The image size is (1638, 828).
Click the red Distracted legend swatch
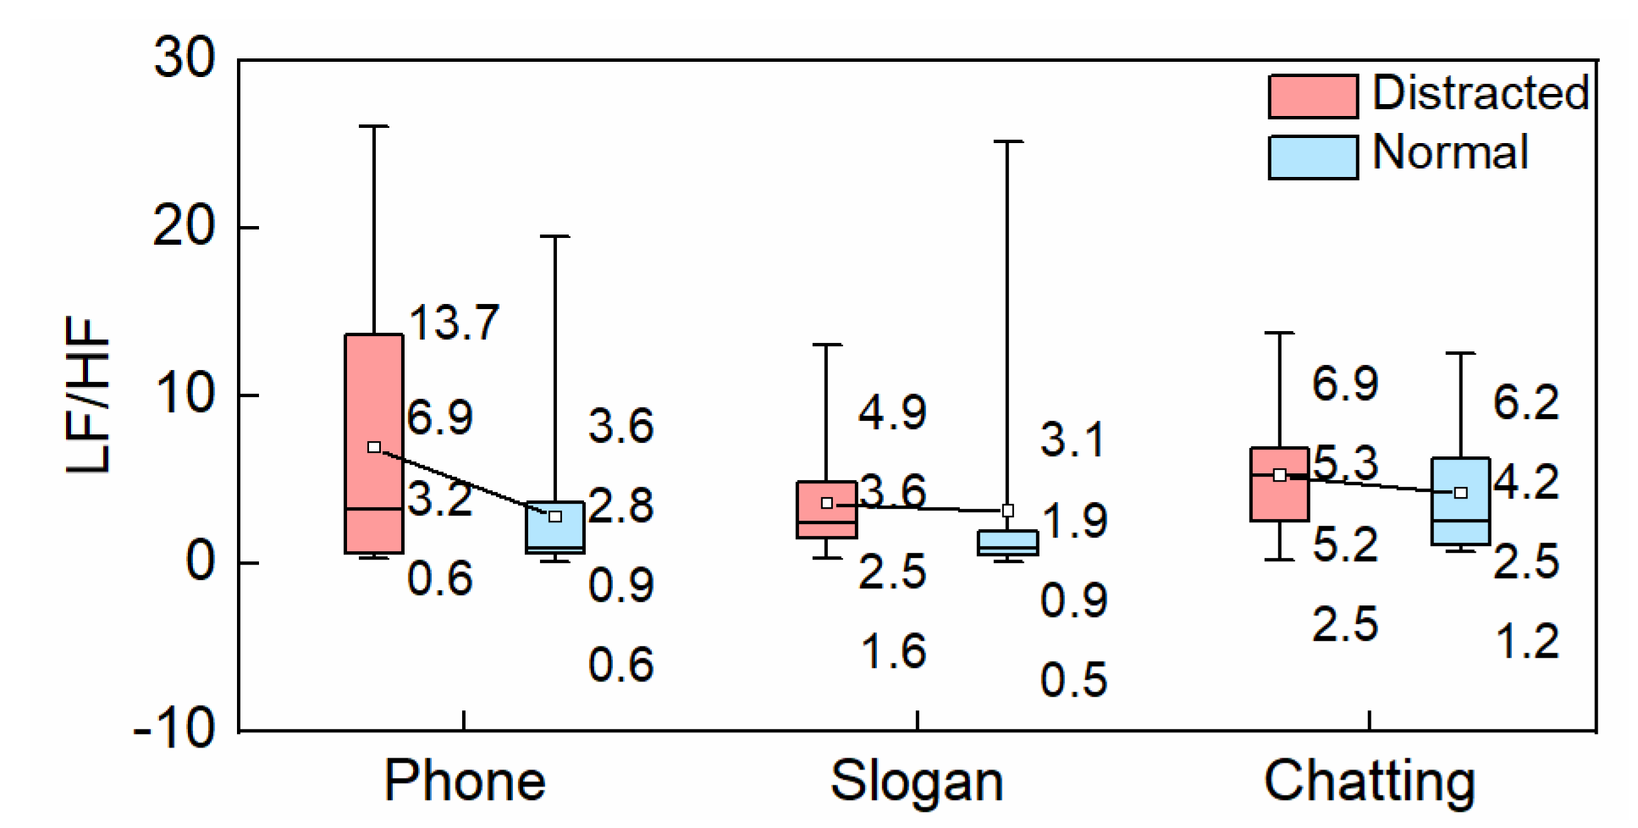click(1312, 96)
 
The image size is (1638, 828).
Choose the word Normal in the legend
click(1450, 153)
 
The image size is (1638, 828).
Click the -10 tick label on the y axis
click(175, 728)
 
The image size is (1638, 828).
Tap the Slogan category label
click(916, 781)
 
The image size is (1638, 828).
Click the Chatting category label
click(1369, 781)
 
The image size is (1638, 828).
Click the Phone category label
click(464, 781)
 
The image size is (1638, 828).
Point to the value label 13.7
click(454, 323)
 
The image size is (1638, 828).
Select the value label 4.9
click(892, 413)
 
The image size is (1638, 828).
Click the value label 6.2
click(1525, 403)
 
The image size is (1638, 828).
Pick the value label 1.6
click(893, 652)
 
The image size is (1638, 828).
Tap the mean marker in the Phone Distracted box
click(374, 447)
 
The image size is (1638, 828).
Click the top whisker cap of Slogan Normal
click(1007, 142)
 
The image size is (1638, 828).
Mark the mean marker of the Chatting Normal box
click(1461, 493)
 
